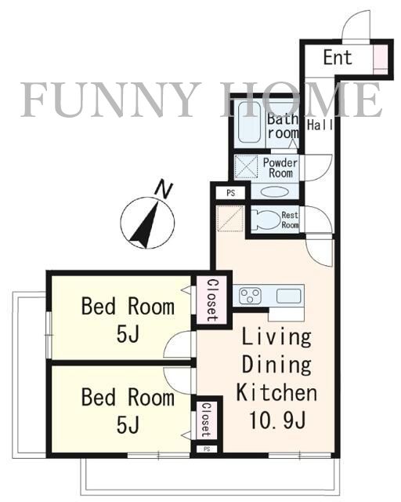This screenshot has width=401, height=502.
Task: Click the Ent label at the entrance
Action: click(x=338, y=57)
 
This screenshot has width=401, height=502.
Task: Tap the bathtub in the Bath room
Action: click(x=249, y=122)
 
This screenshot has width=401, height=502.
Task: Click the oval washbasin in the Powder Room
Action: click(x=275, y=191)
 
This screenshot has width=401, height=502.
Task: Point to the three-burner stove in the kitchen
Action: click(x=251, y=296)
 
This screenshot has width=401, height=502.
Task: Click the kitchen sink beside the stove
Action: click(x=288, y=296)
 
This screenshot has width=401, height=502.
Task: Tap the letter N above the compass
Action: click(x=164, y=189)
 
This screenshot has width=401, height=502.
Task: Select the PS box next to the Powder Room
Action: click(x=230, y=193)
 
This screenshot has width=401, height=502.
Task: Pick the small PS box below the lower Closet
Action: click(x=207, y=449)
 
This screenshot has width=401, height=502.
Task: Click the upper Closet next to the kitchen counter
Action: click(x=211, y=300)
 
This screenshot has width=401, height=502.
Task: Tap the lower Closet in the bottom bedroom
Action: click(x=206, y=420)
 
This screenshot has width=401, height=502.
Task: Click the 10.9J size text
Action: click(x=277, y=420)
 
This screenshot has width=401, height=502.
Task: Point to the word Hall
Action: click(x=320, y=125)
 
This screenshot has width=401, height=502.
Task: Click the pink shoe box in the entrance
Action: click(x=380, y=60)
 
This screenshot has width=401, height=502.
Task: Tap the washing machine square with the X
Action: click(x=246, y=166)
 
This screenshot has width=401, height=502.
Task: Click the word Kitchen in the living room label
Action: click(x=277, y=392)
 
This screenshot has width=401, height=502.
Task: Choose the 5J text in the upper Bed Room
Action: click(x=128, y=334)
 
